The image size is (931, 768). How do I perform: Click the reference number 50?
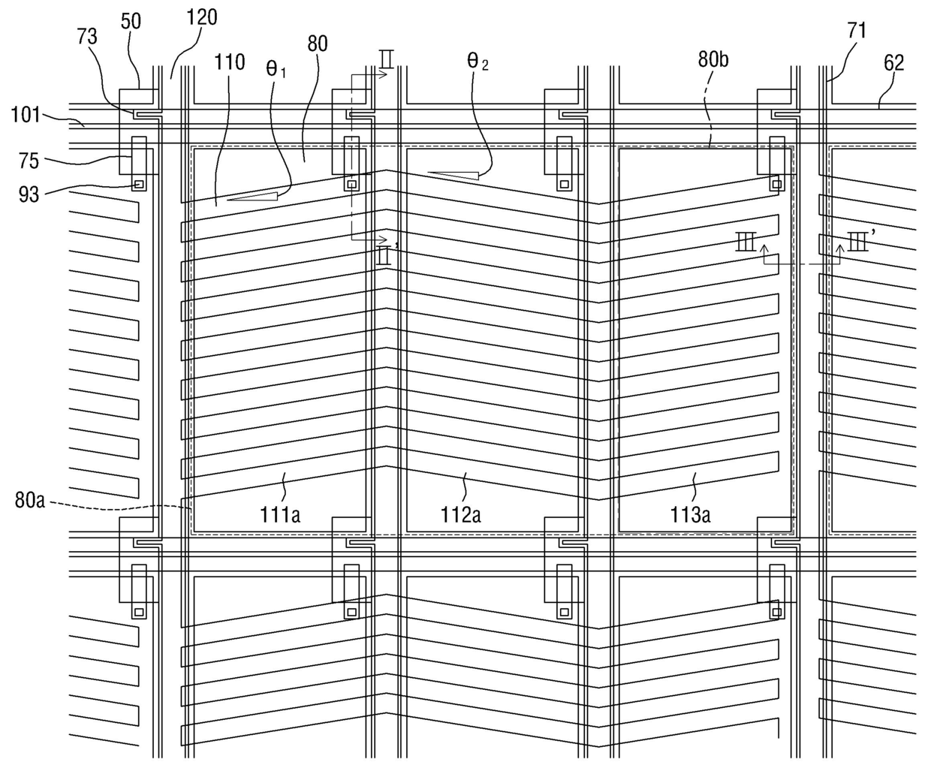click(x=131, y=20)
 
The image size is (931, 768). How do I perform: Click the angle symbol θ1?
click(x=276, y=69)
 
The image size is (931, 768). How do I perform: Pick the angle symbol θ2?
click(x=478, y=61)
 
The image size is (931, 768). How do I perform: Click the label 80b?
click(x=713, y=59)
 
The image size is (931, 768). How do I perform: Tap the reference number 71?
click(x=857, y=30)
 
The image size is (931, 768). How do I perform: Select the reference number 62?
click(x=893, y=62)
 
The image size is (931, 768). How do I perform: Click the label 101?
click(x=26, y=115)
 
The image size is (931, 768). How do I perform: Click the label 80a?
click(x=31, y=500)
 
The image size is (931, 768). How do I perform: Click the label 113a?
click(x=691, y=514)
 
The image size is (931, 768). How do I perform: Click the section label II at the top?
click(x=386, y=59)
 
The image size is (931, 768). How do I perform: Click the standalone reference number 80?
click(x=318, y=44)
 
